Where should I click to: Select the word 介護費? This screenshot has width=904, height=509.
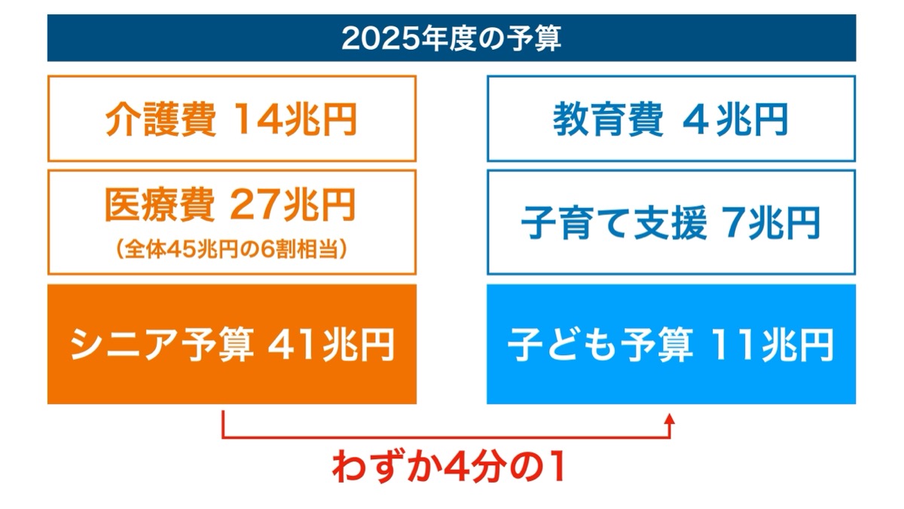[160, 120]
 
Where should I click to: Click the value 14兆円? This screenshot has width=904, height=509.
[295, 120]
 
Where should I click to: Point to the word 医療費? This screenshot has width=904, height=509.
[160, 205]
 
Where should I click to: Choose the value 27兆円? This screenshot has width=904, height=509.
[292, 205]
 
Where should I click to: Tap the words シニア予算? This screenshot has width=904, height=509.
[162, 345]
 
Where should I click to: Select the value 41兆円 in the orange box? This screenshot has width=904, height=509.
[331, 345]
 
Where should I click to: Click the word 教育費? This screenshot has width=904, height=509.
[608, 120]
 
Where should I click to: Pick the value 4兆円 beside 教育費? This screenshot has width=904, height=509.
[735, 120]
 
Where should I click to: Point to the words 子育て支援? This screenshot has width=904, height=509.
[614, 222]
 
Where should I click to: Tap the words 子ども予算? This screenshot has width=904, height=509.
[600, 345]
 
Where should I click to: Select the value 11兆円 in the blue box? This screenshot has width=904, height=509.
[771, 345]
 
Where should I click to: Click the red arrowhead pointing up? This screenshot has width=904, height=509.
[670, 419]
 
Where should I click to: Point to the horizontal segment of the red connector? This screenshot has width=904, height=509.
[446, 437]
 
